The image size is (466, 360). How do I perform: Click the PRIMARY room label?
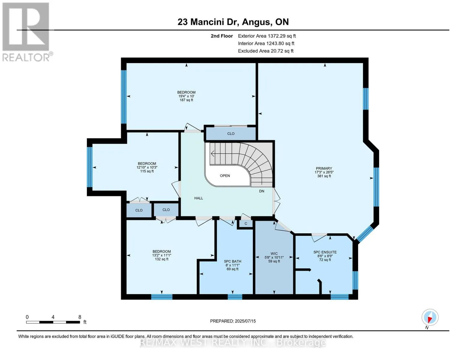(x=324, y=168)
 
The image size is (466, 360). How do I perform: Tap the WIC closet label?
(x=274, y=253)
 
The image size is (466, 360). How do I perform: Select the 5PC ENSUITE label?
(x=325, y=252)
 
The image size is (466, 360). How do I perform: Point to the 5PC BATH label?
(x=233, y=261)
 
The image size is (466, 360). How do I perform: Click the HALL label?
(x=199, y=198)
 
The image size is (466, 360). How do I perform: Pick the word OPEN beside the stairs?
(x=225, y=175)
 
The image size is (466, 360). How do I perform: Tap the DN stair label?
(x=262, y=191)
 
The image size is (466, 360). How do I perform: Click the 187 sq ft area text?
(x=186, y=100)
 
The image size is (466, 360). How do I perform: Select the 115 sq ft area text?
(x=147, y=171)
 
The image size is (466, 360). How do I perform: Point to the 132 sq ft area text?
(x=162, y=259)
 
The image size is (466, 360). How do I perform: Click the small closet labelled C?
(x=246, y=223)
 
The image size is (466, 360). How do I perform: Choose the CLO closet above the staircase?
(x=231, y=133)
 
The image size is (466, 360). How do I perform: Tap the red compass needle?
(x=430, y=320)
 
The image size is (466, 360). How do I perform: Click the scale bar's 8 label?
(x=80, y=317)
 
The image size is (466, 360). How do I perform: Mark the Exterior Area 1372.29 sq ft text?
(x=267, y=36)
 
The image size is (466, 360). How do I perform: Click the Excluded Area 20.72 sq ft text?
(x=266, y=51)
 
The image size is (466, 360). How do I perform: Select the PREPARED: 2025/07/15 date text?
(x=233, y=321)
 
